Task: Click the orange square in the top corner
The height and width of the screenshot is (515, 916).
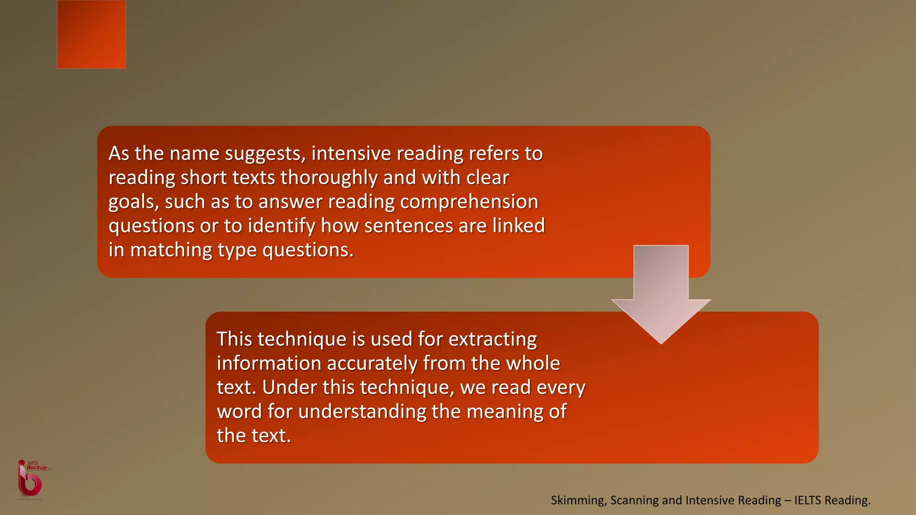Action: tap(91, 34)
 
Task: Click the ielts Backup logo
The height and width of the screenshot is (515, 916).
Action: tap(31, 479)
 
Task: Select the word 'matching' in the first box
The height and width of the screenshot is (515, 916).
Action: tap(171, 250)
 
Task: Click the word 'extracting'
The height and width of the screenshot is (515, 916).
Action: tap(492, 339)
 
